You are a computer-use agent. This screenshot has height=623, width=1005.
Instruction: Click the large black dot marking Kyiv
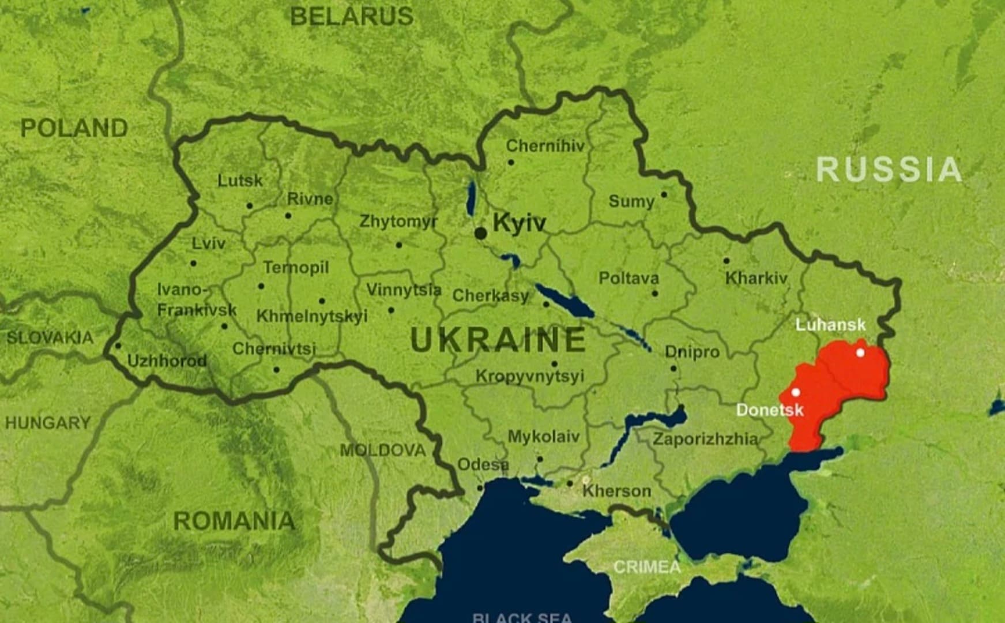pyautogui.click(x=480, y=233)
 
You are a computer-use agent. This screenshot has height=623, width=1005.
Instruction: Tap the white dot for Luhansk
pyautogui.click(x=860, y=352)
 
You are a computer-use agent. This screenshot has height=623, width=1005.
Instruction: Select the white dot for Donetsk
pyautogui.click(x=796, y=392)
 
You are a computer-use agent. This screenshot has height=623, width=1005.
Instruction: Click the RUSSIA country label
pyautogui.click(x=889, y=170)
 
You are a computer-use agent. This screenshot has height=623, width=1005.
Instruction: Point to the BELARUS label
pyautogui.click(x=351, y=16)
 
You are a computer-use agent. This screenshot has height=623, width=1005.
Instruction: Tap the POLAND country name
pyautogui.click(x=74, y=128)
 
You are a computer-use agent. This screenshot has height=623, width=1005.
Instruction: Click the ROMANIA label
pyautogui.click(x=234, y=521)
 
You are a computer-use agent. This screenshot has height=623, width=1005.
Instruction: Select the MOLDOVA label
pyautogui.click(x=382, y=450)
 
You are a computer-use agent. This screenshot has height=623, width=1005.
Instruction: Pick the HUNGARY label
pyautogui.click(x=48, y=423)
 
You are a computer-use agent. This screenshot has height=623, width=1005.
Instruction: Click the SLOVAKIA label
pyautogui.click(x=50, y=337)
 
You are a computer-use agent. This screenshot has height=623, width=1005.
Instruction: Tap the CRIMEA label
pyautogui.click(x=647, y=567)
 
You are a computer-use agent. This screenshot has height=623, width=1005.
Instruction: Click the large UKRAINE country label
pyautogui.click(x=498, y=339)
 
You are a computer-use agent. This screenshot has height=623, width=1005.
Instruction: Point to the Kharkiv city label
pyautogui.click(x=756, y=278)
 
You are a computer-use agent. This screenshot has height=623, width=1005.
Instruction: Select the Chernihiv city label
pyautogui.click(x=545, y=146)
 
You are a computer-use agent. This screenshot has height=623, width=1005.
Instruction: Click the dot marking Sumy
pyautogui.click(x=664, y=195)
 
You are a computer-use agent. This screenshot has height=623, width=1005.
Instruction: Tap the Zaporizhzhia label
pyautogui.click(x=705, y=439)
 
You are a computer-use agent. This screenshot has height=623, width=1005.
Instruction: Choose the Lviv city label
pyautogui.click(x=208, y=243)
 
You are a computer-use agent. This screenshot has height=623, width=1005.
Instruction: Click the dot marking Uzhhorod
pyautogui.click(x=118, y=346)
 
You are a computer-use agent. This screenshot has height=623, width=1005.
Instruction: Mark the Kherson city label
pyautogui.click(x=616, y=491)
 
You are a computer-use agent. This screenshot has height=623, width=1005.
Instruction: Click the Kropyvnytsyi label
pyautogui.click(x=529, y=376)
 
